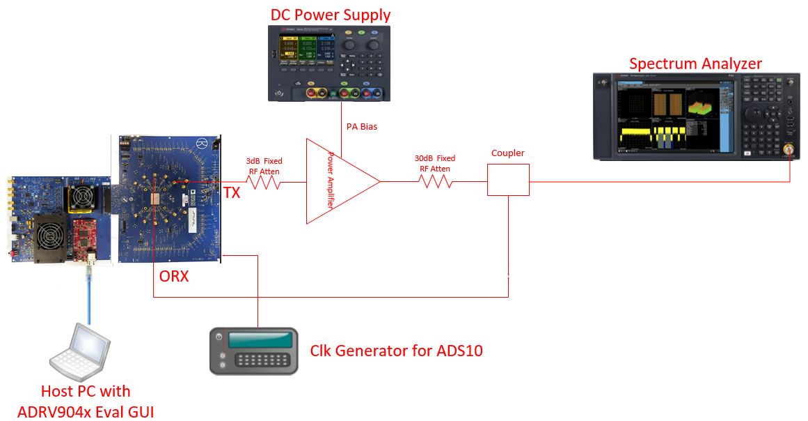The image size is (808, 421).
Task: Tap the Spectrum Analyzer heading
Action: pos(695,63)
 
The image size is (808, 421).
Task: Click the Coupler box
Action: pos(508,180)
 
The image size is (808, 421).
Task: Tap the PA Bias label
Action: pos(362,127)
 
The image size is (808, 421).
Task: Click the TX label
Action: pos(232,193)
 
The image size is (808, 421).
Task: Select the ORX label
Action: pos(173,277)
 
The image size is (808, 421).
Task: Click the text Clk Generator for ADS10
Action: pos(396,350)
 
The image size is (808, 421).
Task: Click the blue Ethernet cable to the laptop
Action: pos(89,293)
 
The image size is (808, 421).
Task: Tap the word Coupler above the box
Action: pos(507,153)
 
